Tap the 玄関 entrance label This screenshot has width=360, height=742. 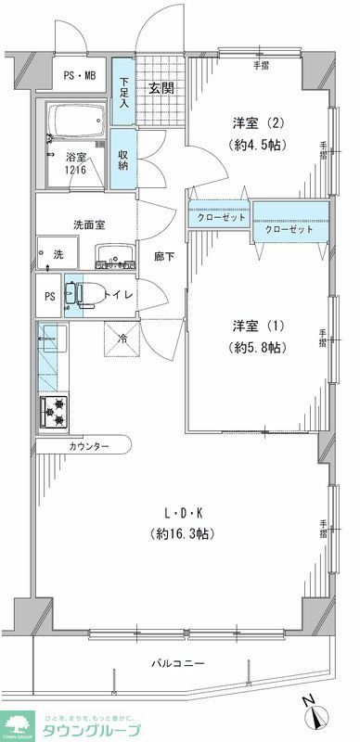[162, 90]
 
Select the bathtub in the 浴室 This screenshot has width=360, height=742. [77, 122]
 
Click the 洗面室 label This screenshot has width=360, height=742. [90, 224]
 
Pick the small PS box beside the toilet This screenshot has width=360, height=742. [50, 297]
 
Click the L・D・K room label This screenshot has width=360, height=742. [182, 513]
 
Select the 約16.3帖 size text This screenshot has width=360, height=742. [182, 534]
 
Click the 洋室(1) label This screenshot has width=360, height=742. [258, 326]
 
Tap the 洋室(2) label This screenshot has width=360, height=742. [257, 122]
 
